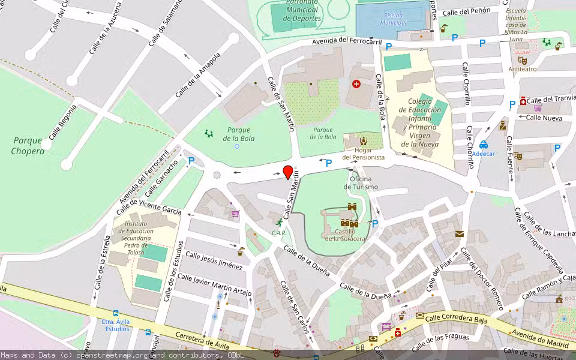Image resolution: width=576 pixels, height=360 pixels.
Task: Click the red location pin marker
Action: [288, 172]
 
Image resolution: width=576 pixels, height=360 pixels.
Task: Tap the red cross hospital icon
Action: [357, 85]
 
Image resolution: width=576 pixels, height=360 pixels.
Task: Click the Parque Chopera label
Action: [28, 146]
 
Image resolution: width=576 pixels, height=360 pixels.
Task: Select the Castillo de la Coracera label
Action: [345, 235]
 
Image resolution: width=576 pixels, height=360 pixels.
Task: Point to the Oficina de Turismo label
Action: [361, 183]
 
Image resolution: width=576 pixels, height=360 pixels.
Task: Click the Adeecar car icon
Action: [484, 145]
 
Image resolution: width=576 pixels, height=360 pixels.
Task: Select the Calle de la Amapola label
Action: [198, 75]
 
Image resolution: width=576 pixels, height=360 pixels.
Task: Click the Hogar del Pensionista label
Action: [363, 153]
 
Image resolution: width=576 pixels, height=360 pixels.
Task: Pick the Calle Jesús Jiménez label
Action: [214, 260]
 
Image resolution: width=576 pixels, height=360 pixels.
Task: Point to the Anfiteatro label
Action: [523, 69]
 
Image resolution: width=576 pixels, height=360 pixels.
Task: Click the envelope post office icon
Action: [460, 233]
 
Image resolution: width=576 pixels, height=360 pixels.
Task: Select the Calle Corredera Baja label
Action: [456, 319]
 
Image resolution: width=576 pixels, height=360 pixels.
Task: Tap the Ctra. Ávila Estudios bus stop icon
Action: [115, 313]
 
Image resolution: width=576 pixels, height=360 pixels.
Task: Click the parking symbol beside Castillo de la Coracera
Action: [375, 224]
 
